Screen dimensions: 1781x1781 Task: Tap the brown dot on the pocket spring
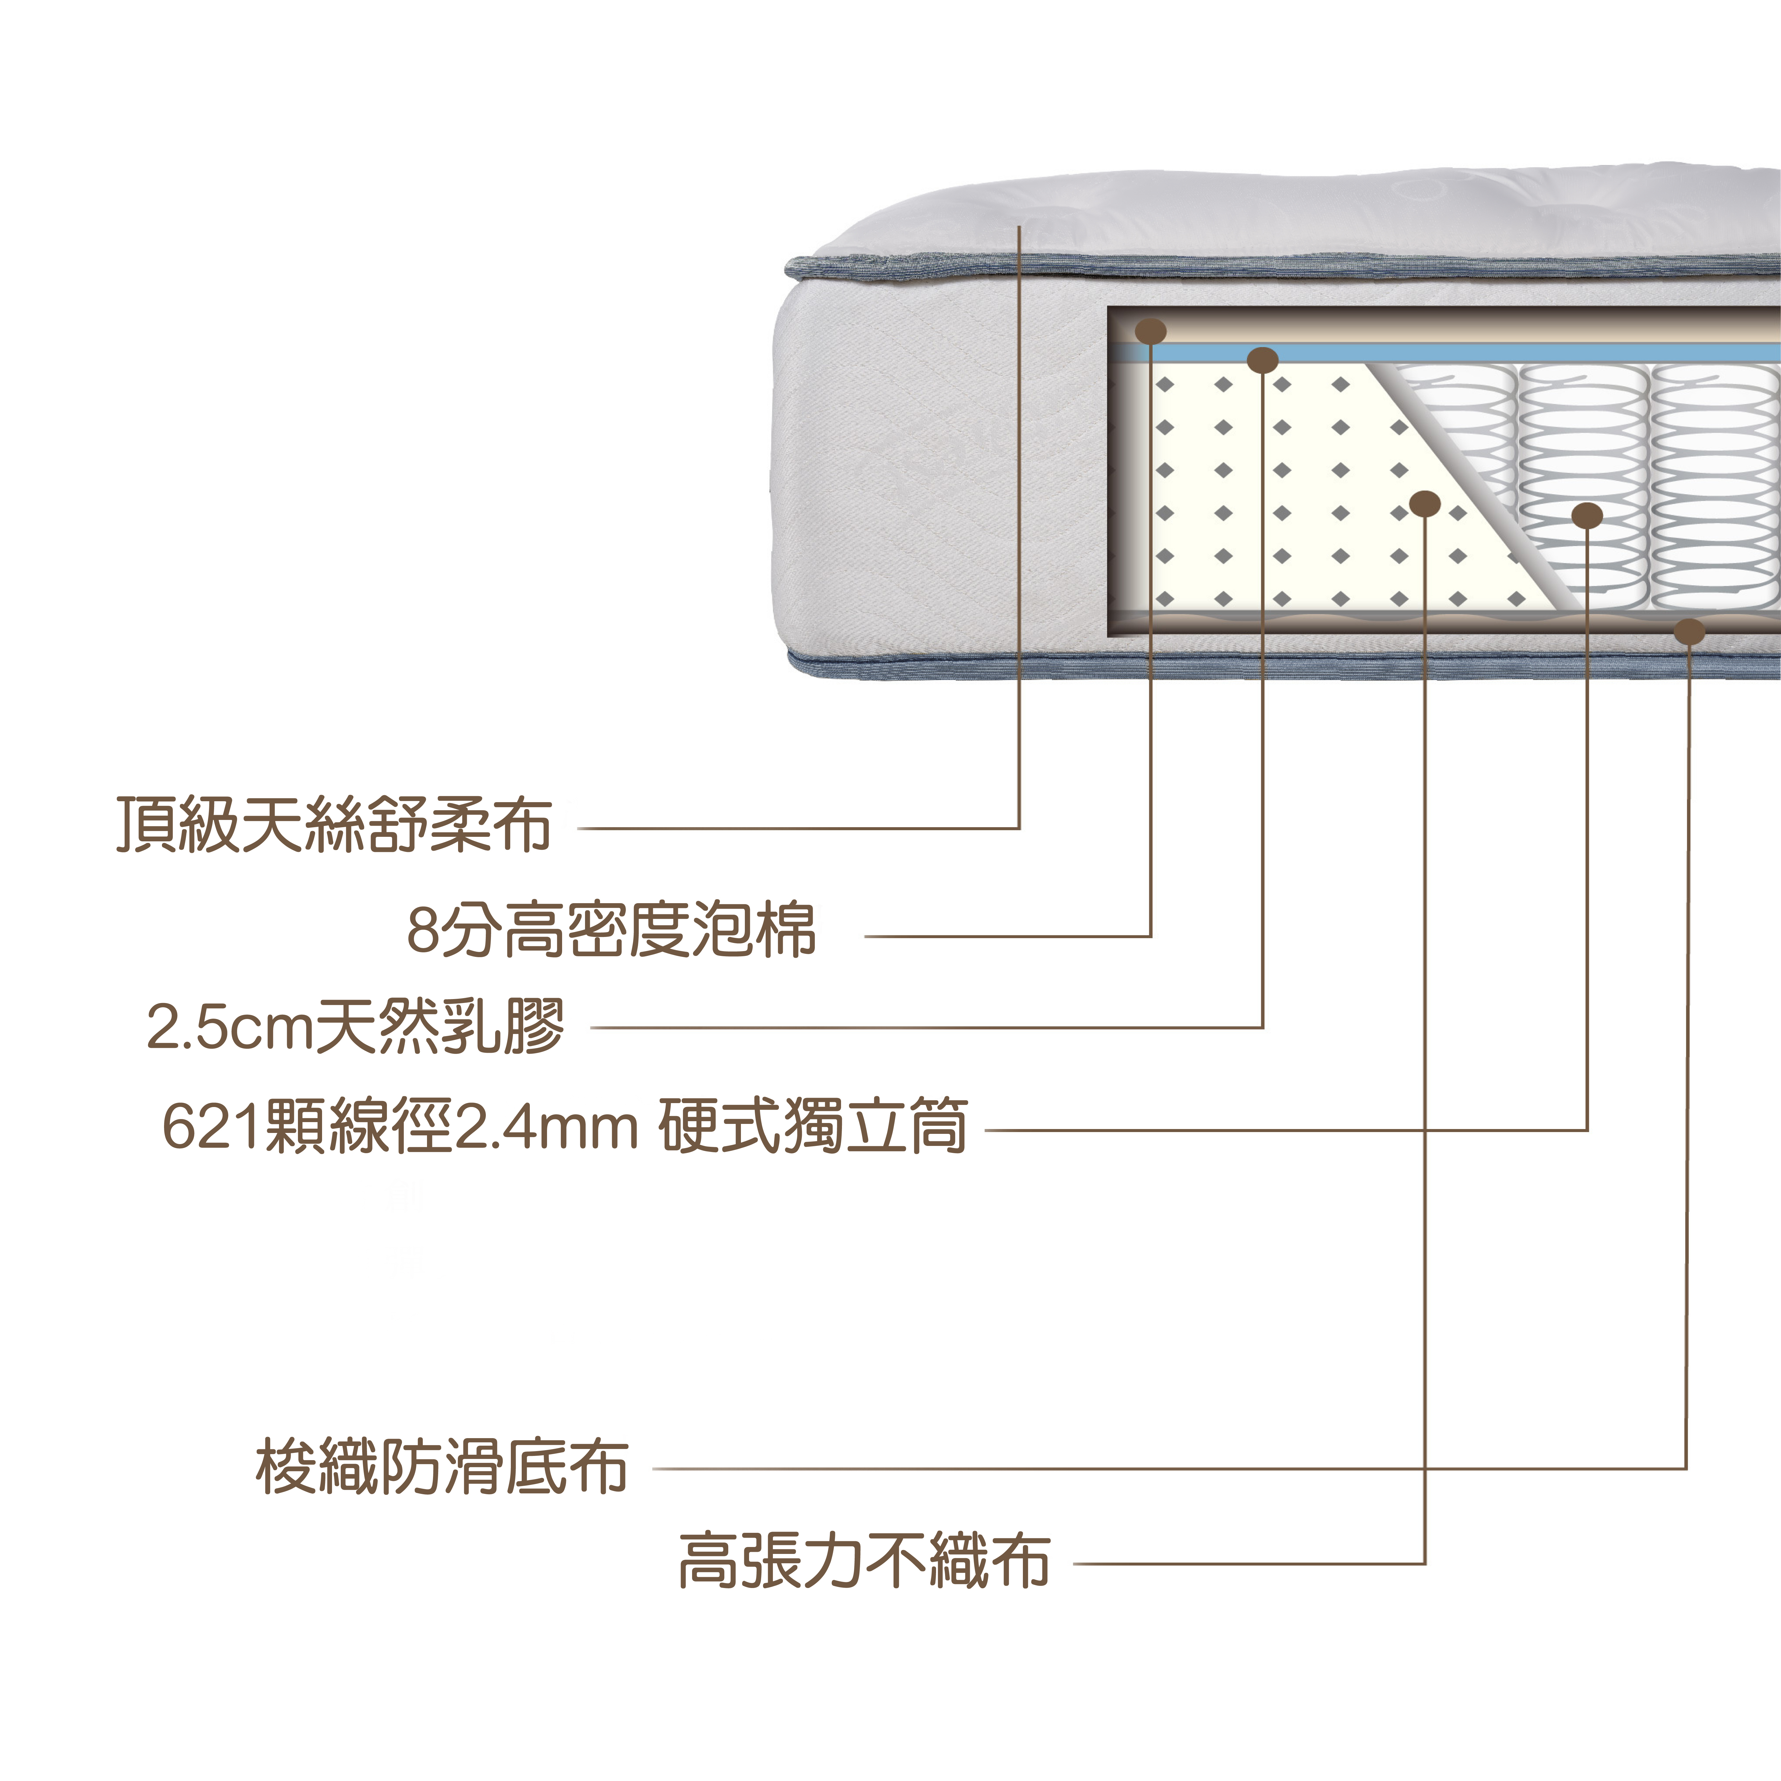(x=1586, y=515)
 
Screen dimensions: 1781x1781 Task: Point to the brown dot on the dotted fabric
(x=1425, y=503)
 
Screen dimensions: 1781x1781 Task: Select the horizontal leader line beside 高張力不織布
(x=1245, y=1564)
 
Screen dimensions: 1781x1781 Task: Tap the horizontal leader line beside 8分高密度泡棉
(x=1005, y=937)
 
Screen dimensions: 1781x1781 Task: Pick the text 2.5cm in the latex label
(x=230, y=1026)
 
